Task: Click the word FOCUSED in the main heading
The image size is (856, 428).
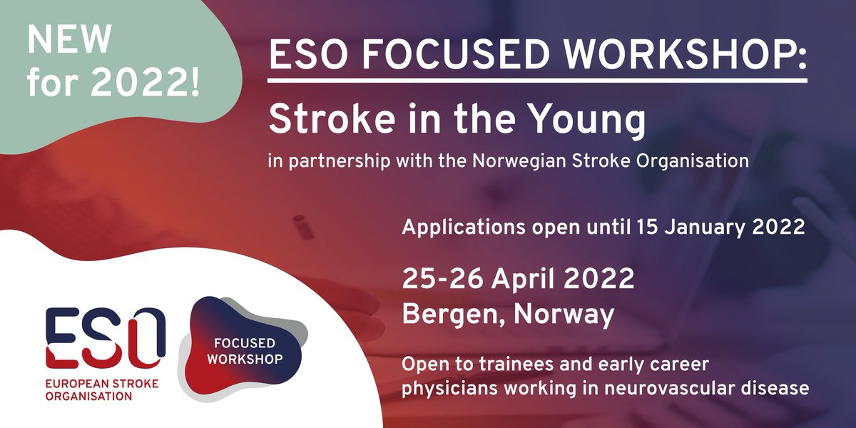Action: coord(439,55)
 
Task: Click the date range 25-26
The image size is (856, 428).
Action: coord(441,279)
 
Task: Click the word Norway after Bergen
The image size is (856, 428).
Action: coord(564,315)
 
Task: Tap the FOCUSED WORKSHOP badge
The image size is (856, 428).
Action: coord(243,347)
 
